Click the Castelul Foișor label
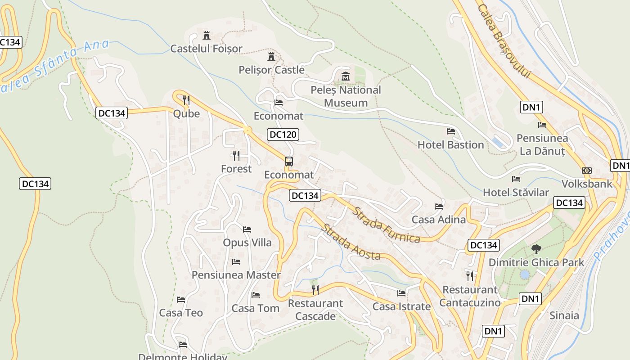pyautogui.click(x=206, y=49)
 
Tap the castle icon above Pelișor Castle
pyautogui.click(x=271, y=57)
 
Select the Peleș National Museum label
pyautogui.click(x=346, y=96)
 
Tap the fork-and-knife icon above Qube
pyautogui.click(x=186, y=100)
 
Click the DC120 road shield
pyautogui.click(x=283, y=134)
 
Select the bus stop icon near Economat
pyautogui.click(x=289, y=162)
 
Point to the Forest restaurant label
pyautogui.click(x=236, y=169)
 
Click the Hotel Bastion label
pyautogui.click(x=450, y=145)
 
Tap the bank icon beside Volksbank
pyautogui.click(x=587, y=171)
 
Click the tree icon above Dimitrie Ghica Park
pyautogui.click(x=536, y=249)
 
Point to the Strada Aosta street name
pyautogui.click(x=351, y=242)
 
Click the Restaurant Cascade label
pyautogui.click(x=315, y=310)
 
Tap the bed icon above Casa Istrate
pyautogui.click(x=401, y=293)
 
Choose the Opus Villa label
pyautogui.click(x=247, y=243)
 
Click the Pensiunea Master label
pyautogui.click(x=236, y=275)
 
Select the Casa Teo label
pyautogui.click(x=181, y=313)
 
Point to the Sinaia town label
pyautogui.click(x=564, y=315)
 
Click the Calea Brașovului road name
pyautogui.click(x=504, y=41)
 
